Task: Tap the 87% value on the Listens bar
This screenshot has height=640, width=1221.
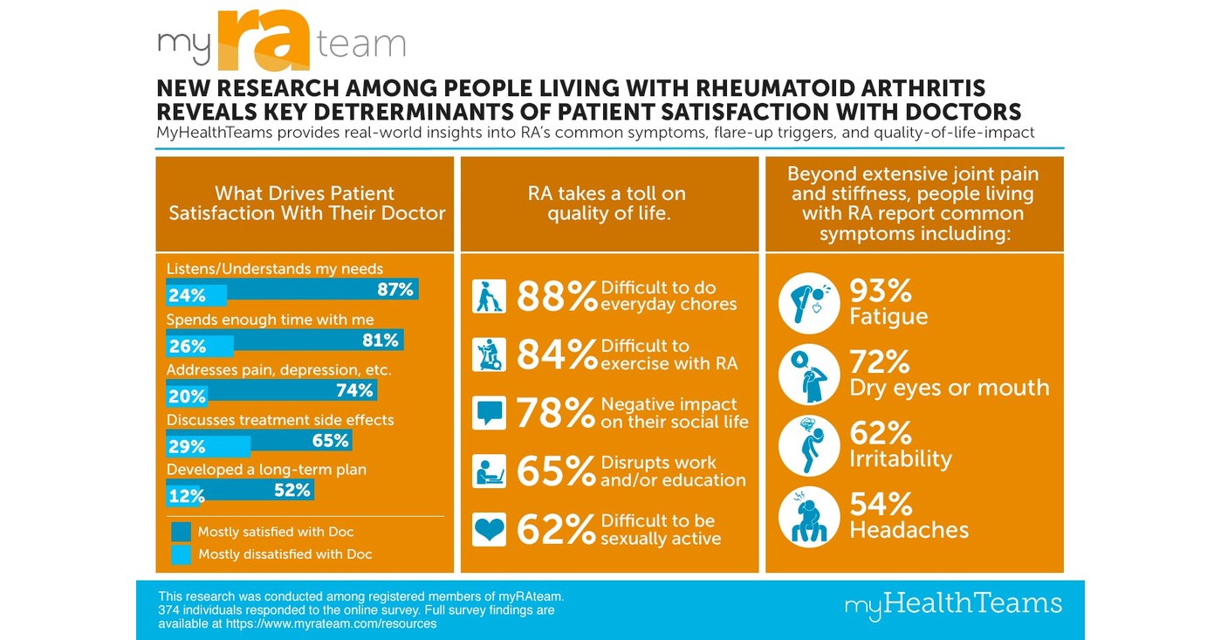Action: [394, 290]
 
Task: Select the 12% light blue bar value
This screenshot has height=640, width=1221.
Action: [186, 496]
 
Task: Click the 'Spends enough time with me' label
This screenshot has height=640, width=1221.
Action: [270, 320]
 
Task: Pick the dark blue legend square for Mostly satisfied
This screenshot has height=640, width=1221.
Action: [181, 532]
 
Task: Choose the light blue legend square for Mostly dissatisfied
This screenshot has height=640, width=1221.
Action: [181, 554]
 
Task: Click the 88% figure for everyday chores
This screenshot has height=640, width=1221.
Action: [555, 296]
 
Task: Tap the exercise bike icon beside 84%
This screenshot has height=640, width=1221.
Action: [488, 354]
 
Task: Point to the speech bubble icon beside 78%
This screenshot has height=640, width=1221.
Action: [488, 412]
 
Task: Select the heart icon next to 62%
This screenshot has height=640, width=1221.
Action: [488, 529]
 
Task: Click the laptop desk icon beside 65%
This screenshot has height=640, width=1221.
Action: [488, 471]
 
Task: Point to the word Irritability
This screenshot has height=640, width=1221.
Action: [900, 459]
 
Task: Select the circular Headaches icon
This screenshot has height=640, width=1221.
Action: [808, 517]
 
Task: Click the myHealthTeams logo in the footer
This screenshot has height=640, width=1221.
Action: [953, 604]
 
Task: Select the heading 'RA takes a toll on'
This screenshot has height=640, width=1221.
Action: [607, 194]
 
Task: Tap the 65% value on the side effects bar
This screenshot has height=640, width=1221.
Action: [331, 440]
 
